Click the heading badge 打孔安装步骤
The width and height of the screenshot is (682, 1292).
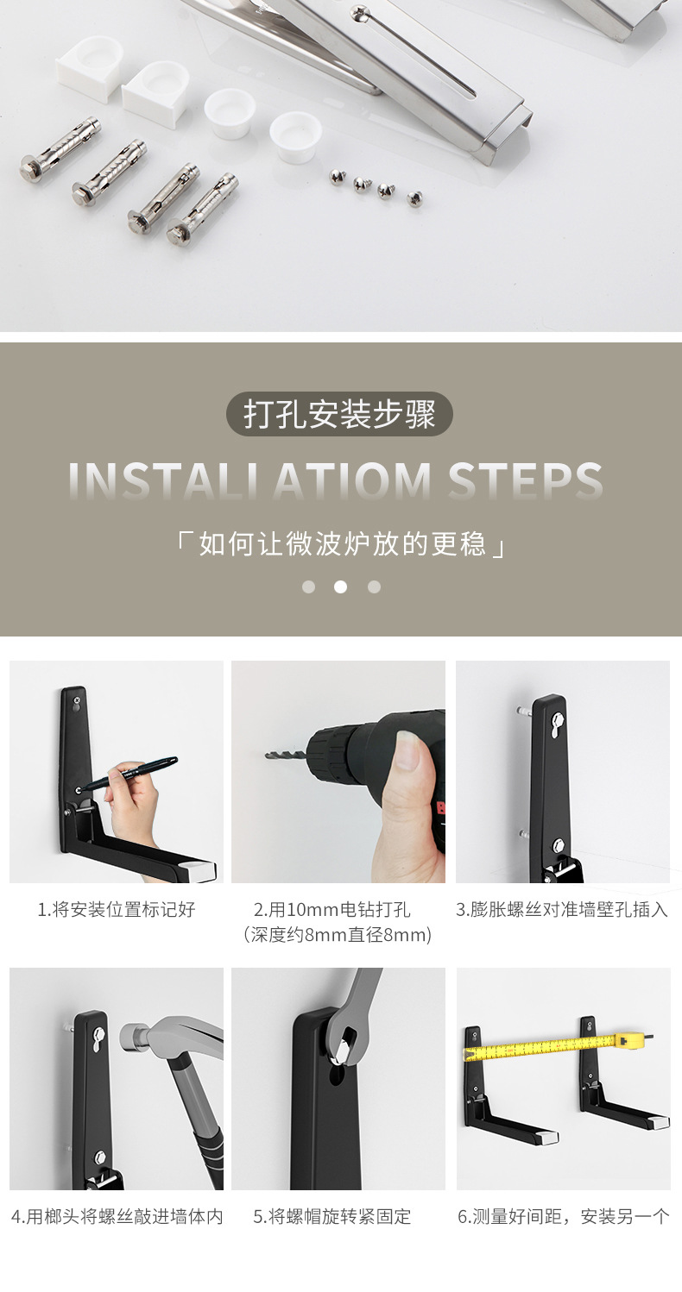(339, 414)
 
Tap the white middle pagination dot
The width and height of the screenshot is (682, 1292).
(340, 587)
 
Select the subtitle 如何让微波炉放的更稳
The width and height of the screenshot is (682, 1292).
(340, 545)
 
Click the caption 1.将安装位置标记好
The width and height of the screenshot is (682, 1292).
(117, 909)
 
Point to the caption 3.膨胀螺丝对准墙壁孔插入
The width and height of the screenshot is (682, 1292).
(562, 909)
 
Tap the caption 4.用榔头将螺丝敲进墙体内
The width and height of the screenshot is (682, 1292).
(117, 1216)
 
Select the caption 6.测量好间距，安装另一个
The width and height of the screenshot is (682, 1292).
(563, 1216)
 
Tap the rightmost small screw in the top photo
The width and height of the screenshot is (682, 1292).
(415, 198)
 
